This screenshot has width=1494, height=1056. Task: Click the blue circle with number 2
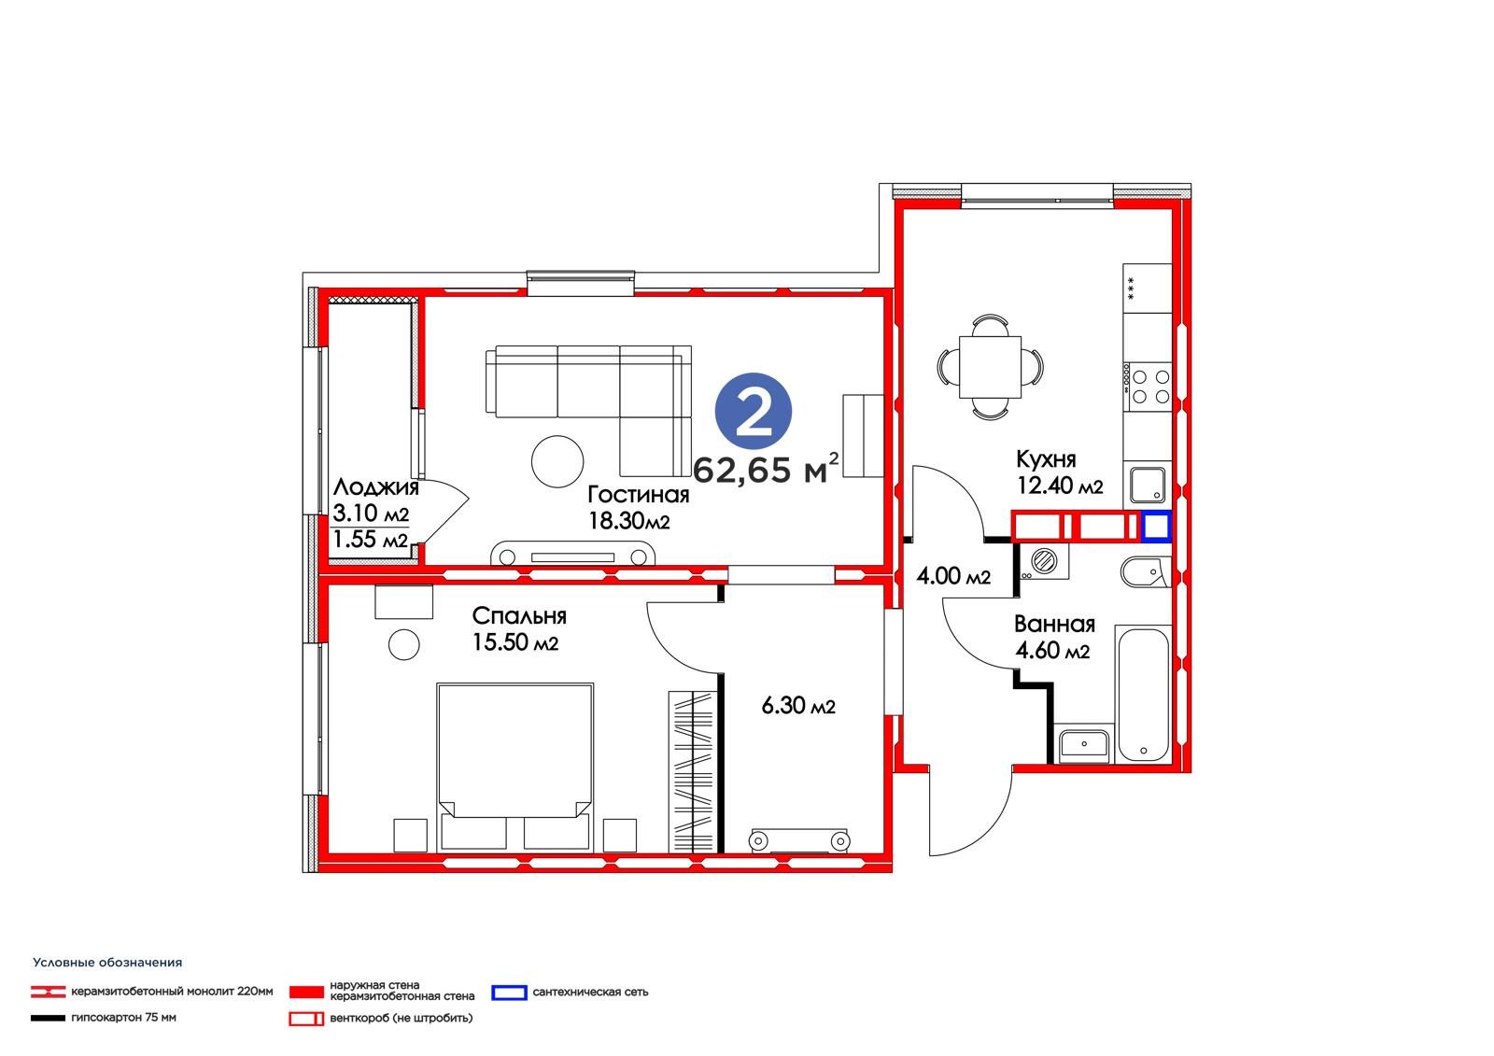(x=753, y=411)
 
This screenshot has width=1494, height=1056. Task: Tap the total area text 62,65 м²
(x=766, y=469)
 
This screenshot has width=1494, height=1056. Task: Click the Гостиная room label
(x=639, y=494)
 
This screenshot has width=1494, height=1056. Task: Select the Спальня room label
(x=519, y=615)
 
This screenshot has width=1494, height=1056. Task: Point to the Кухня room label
(x=1046, y=459)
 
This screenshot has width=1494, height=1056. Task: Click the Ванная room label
(x=1054, y=624)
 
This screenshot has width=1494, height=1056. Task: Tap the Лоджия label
(x=376, y=487)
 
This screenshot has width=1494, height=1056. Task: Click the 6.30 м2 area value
(x=798, y=705)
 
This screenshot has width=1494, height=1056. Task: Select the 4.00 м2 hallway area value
(x=953, y=576)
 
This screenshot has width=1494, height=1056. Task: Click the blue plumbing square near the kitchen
(x=1156, y=527)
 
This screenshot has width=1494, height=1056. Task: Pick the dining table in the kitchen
(x=990, y=367)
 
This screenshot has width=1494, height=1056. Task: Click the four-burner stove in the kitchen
(x=1148, y=387)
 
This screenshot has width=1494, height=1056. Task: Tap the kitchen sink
(x=1148, y=485)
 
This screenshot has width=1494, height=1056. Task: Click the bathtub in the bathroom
(x=1143, y=695)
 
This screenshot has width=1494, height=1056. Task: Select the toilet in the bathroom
(x=1146, y=571)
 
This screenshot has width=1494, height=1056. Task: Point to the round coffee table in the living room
(x=557, y=461)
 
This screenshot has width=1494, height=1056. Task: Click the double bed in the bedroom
(x=514, y=767)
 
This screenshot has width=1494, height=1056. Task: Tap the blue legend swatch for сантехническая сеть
(x=509, y=993)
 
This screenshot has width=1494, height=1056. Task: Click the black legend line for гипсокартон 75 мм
(x=48, y=1018)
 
